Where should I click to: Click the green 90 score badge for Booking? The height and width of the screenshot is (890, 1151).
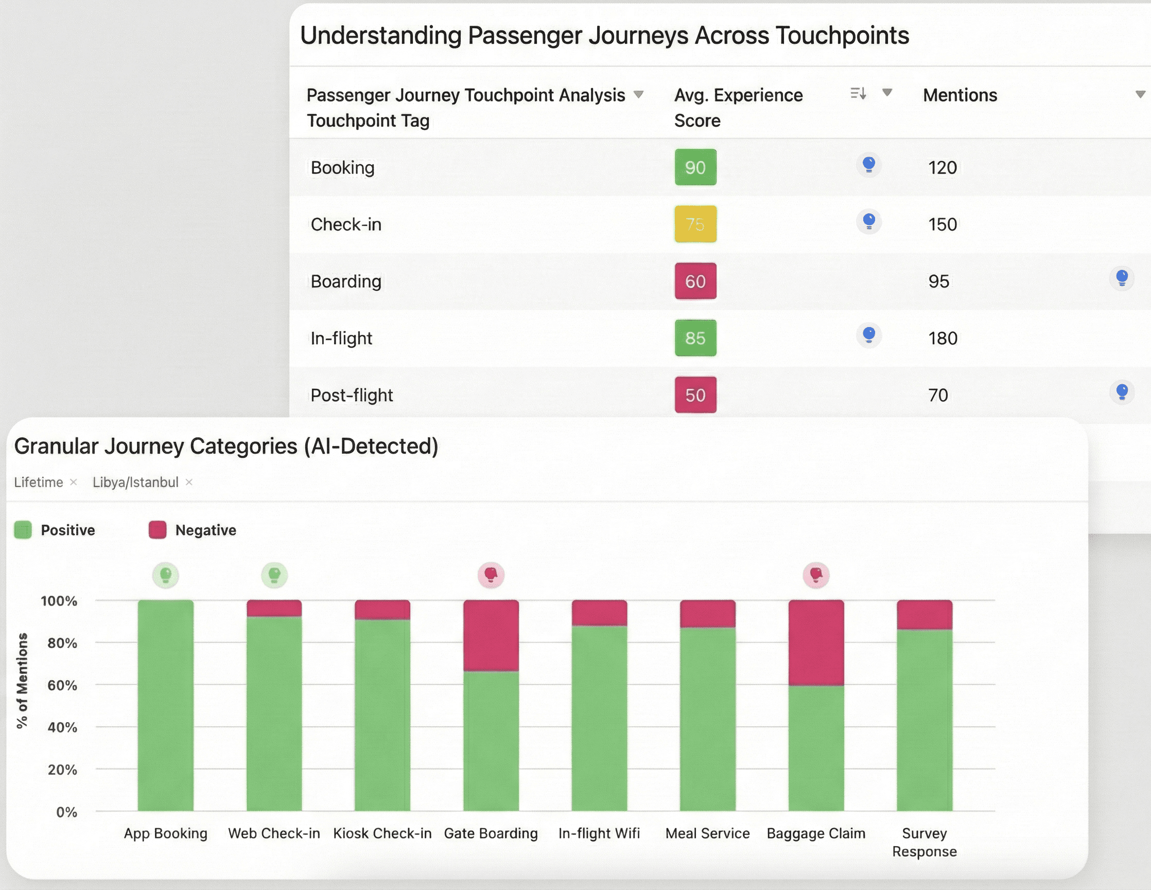[x=695, y=167]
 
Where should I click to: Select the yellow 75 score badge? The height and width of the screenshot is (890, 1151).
[x=695, y=224]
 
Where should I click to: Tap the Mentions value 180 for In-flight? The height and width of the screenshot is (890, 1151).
[x=943, y=338]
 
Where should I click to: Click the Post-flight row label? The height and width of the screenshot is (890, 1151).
[x=352, y=395]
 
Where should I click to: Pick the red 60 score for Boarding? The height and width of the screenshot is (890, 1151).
[x=695, y=281]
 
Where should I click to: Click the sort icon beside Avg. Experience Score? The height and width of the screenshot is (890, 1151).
[x=858, y=94]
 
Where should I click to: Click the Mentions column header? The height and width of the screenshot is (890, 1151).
[x=960, y=95]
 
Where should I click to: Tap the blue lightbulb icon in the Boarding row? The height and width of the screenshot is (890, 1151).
[x=1122, y=278]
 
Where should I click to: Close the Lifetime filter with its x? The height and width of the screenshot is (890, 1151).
[x=74, y=482]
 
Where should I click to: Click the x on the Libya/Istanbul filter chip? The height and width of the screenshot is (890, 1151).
[x=189, y=482]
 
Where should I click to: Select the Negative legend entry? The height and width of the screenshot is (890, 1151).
[x=205, y=530]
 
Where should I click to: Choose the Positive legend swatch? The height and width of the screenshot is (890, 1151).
[x=23, y=530]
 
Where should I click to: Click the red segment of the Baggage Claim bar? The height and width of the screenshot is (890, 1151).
[x=816, y=642]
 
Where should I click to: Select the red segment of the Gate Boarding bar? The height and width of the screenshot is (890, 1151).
[x=491, y=636]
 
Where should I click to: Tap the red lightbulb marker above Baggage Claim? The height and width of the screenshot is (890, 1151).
[x=816, y=575]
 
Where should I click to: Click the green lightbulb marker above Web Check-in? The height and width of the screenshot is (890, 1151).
[x=274, y=575]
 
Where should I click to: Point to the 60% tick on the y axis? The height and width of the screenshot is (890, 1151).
[x=62, y=685]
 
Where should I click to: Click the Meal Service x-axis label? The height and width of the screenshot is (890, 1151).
[x=707, y=833]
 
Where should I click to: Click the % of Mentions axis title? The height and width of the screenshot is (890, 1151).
[x=22, y=680]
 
